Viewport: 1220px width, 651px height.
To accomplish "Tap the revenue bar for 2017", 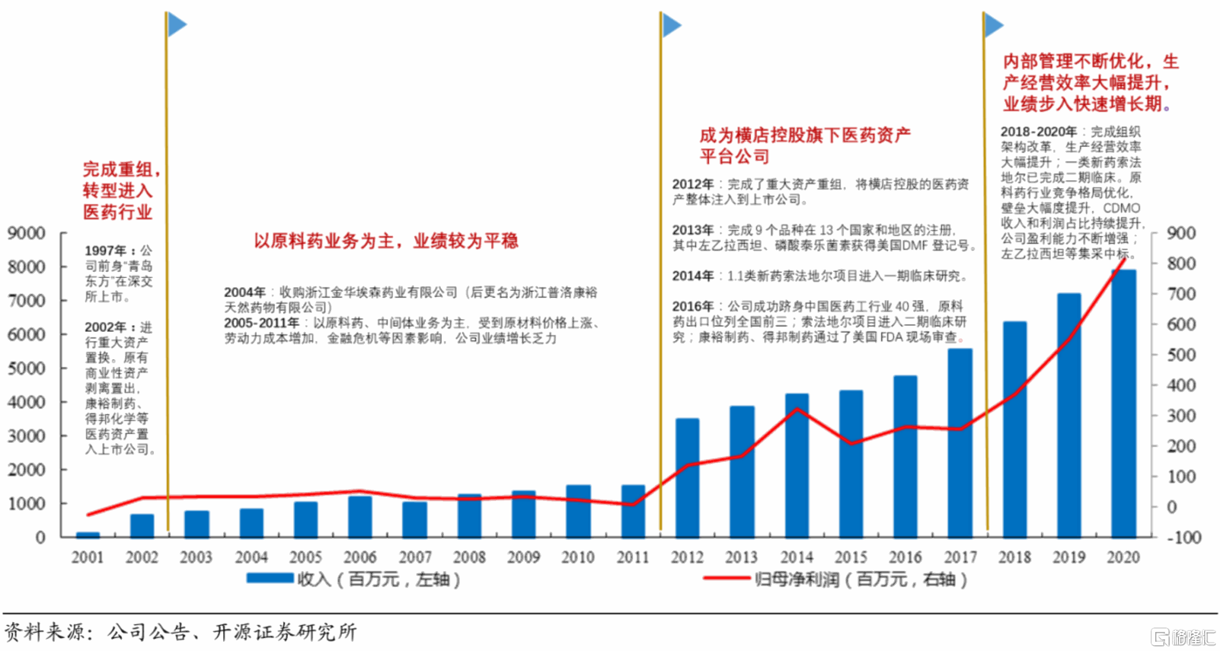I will (x=960, y=443).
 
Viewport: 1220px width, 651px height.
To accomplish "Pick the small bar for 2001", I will (x=88, y=535).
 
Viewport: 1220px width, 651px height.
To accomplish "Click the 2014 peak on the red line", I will (x=797, y=409).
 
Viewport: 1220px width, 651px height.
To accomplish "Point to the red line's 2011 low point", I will (x=633, y=504).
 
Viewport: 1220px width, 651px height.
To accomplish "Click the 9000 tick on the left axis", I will (x=26, y=233).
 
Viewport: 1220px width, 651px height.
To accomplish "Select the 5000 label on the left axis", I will (x=26, y=369).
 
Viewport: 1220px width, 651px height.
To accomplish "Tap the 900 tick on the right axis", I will (x=1181, y=233).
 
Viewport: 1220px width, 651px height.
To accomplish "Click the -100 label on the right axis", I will (x=1183, y=538).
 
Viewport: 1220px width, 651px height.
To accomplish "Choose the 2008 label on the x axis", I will (x=469, y=557).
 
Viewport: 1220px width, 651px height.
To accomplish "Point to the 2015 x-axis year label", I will (x=851, y=557).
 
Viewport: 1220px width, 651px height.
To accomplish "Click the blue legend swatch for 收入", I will (x=270, y=578).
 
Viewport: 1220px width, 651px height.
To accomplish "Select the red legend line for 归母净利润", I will (x=726, y=578).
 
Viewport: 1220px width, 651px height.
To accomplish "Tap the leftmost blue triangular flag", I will (x=177, y=24).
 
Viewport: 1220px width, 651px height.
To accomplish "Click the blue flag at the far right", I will (x=993, y=24).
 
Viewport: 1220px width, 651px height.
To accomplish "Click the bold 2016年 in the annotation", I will (x=692, y=306).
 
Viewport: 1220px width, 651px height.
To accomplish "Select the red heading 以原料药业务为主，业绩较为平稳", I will (x=386, y=241).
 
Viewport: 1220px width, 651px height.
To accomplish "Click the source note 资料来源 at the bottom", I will (x=48, y=632).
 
